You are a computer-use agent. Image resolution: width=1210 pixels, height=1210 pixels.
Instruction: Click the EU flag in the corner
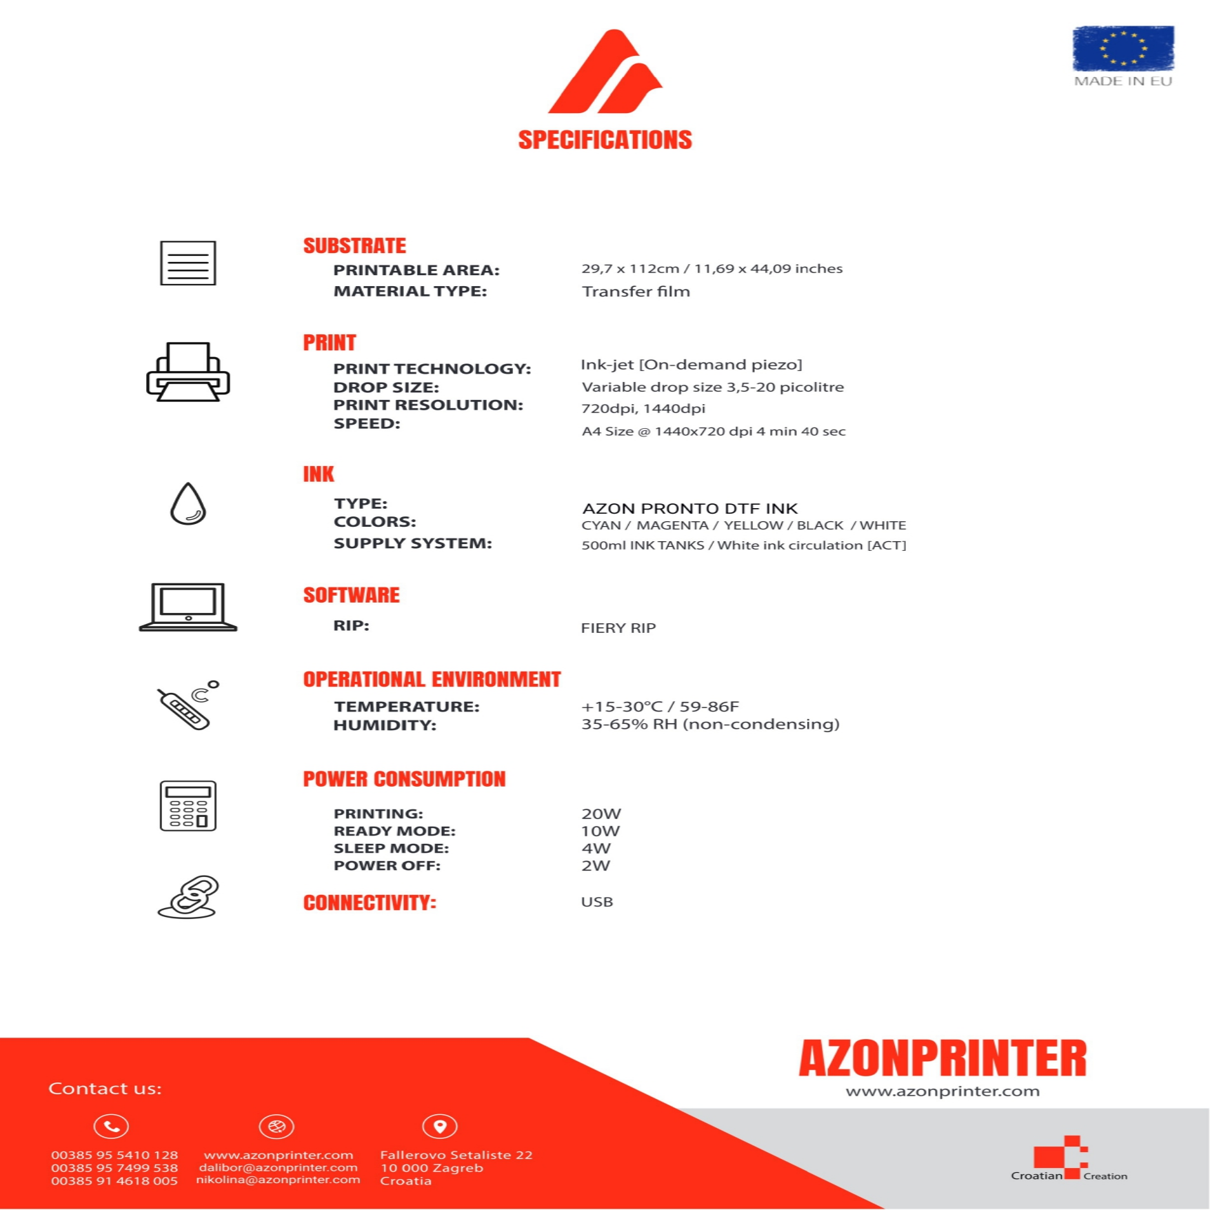click(1123, 48)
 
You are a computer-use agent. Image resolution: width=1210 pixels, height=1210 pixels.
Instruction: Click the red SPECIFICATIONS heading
click(605, 140)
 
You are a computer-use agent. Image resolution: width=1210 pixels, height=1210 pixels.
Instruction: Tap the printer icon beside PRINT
click(188, 372)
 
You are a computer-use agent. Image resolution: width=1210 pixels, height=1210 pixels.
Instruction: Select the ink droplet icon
click(188, 504)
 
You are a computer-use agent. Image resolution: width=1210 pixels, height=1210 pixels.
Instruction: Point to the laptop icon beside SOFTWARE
click(188, 607)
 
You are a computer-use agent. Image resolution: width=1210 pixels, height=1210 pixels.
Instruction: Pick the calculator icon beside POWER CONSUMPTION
click(188, 806)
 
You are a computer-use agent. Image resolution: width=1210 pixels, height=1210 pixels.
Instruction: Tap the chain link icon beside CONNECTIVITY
click(188, 898)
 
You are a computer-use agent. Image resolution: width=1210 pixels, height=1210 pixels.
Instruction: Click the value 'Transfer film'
click(636, 292)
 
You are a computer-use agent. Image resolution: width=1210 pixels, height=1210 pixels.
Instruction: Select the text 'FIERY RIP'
click(618, 628)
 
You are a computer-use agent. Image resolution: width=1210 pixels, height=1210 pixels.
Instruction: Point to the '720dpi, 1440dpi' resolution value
click(643, 409)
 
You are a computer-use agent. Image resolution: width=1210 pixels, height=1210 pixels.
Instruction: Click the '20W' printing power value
click(601, 814)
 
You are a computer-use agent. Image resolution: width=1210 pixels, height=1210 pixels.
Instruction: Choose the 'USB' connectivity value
click(596, 903)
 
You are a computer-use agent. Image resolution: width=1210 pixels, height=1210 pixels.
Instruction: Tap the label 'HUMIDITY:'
click(385, 725)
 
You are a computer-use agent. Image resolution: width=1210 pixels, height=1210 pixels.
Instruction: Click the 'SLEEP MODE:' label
click(391, 849)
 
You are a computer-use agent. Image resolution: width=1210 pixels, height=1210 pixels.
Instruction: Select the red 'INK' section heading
click(319, 474)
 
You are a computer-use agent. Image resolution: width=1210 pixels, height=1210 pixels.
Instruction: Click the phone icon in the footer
click(112, 1127)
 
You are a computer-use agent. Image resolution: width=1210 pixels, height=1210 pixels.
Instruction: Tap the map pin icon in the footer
click(440, 1127)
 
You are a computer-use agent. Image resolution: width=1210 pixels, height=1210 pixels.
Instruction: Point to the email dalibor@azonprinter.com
click(278, 1168)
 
